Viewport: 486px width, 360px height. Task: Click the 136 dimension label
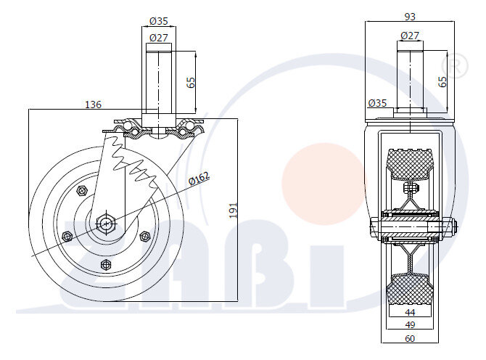[x=93, y=105]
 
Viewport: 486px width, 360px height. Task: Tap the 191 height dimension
[x=234, y=210]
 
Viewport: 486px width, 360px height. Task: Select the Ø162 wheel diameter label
[x=199, y=179]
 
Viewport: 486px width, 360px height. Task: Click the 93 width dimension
[x=410, y=17]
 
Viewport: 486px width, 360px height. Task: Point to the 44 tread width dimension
[x=410, y=312]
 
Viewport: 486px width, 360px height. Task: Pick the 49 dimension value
[x=410, y=324]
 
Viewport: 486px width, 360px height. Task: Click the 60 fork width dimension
[x=410, y=338]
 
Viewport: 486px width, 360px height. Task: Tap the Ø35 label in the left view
[x=159, y=21]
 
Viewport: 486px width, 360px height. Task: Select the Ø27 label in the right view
[x=410, y=36]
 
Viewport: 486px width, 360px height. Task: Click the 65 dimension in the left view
[x=191, y=82]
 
